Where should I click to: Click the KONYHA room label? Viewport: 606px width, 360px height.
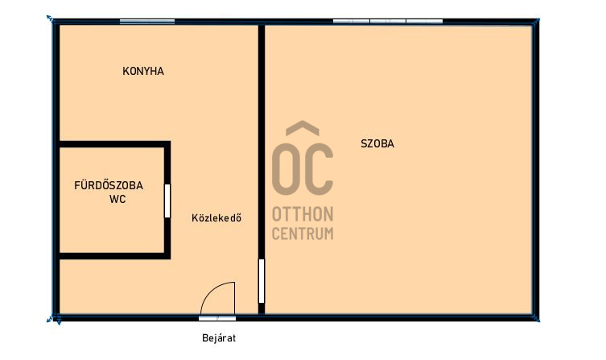(x=143, y=71)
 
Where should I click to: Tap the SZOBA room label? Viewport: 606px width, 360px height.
(x=377, y=144)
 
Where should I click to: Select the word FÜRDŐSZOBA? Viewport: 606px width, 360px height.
(x=109, y=185)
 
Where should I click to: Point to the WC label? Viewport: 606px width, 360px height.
(x=117, y=199)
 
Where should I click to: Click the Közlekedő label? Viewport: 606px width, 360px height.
(x=216, y=217)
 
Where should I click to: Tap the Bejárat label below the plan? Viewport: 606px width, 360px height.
(x=219, y=338)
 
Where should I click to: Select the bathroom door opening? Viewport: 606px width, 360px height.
(x=167, y=201)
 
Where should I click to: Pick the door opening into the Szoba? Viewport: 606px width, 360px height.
(x=262, y=281)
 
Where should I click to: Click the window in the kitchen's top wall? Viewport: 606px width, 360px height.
(x=147, y=22)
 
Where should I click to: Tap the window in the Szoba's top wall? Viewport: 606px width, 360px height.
(x=388, y=22)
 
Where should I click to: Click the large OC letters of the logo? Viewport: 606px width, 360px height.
(x=303, y=169)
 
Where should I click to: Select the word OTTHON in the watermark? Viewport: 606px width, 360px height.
(x=303, y=214)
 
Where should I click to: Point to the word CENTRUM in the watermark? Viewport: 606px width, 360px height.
(x=303, y=234)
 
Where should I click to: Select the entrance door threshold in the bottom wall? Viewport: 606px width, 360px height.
(x=217, y=318)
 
